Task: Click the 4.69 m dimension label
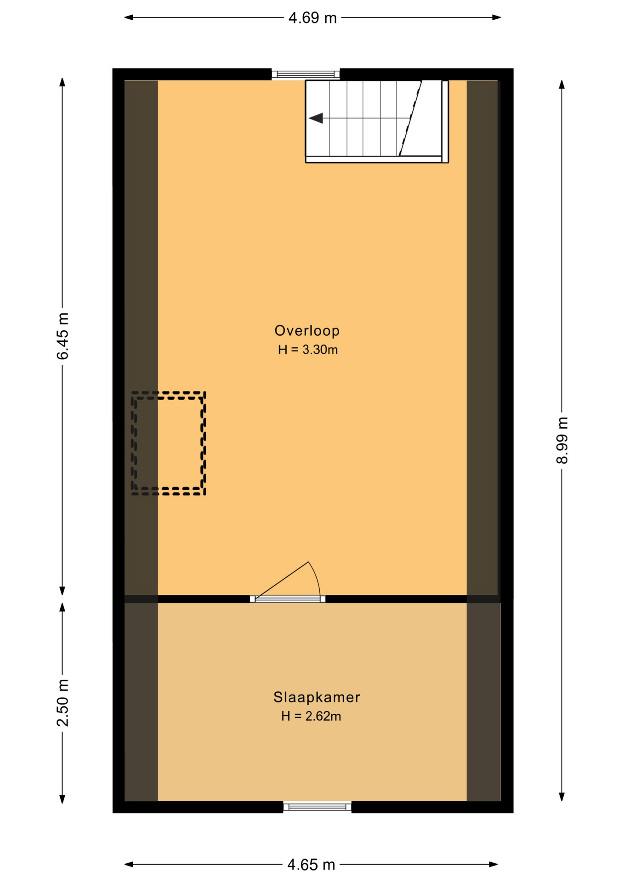(x=312, y=18)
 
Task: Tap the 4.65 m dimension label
(x=311, y=865)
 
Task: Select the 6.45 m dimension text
(x=62, y=336)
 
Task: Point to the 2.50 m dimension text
(x=62, y=703)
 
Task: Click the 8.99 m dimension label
(x=562, y=441)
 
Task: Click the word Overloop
(x=307, y=331)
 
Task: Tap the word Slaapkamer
(x=317, y=697)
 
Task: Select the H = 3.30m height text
(x=308, y=350)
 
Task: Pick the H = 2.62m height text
(x=311, y=716)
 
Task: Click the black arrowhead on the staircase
(x=316, y=119)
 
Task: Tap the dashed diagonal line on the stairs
(x=410, y=118)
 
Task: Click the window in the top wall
(x=306, y=74)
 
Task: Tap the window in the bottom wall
(x=317, y=807)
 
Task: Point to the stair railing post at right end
(x=445, y=121)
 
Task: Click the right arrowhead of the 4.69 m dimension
(x=496, y=17)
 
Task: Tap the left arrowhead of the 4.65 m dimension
(x=129, y=865)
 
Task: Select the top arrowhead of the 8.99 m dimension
(x=562, y=85)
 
